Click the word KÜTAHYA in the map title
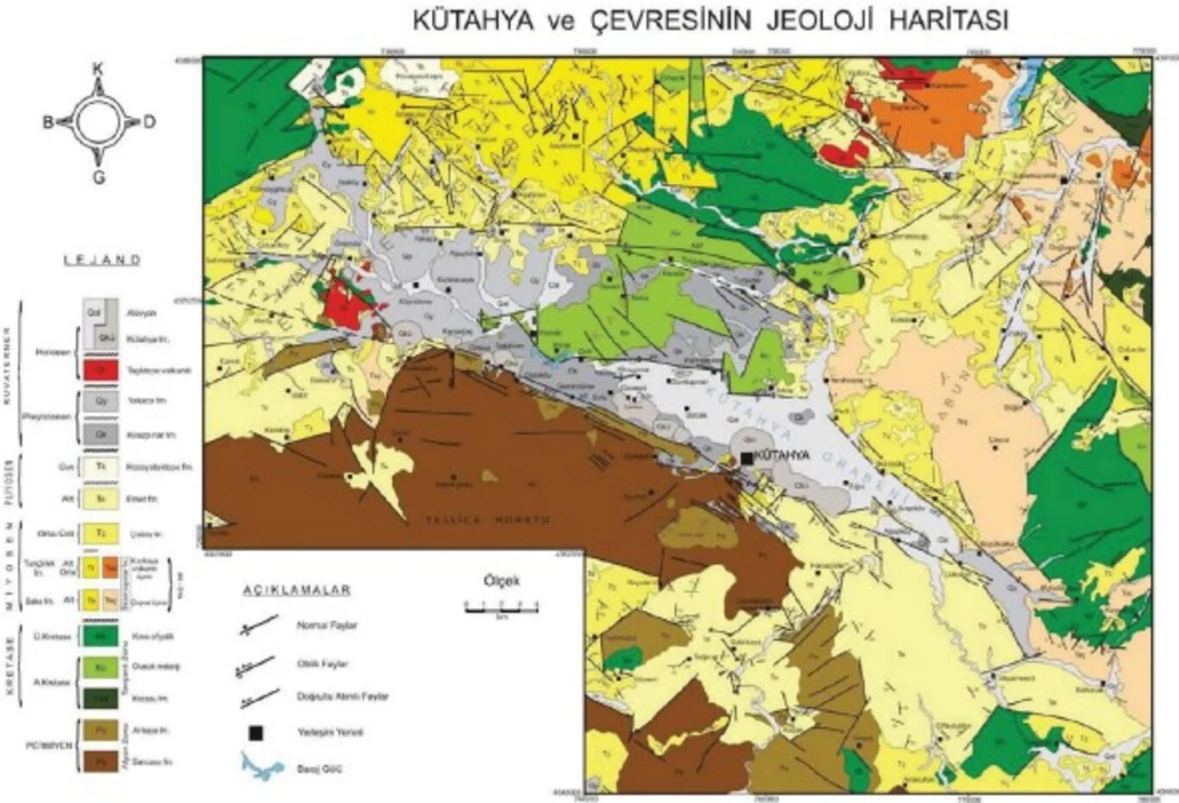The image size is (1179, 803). click(474, 20)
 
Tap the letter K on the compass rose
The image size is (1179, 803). click(98, 68)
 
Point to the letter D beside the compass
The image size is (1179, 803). click(149, 122)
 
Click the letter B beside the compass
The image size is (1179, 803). click(48, 122)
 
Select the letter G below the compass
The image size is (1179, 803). click(98, 177)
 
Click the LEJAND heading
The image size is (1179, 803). click(102, 260)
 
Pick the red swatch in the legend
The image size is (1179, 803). click(100, 370)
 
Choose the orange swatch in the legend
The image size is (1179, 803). click(110, 566)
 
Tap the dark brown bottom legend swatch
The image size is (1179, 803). click(100, 762)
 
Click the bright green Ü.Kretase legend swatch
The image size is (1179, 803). click(100, 636)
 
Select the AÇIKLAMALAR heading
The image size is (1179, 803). click(296, 590)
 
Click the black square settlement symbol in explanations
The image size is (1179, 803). click(255, 733)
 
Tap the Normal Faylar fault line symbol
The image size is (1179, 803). click(259, 625)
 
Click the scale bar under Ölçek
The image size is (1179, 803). click(501, 607)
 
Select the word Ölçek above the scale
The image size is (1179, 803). click(501, 581)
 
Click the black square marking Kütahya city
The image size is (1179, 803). click(747, 458)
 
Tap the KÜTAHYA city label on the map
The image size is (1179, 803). click(782, 455)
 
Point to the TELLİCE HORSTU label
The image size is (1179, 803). click(488, 520)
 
